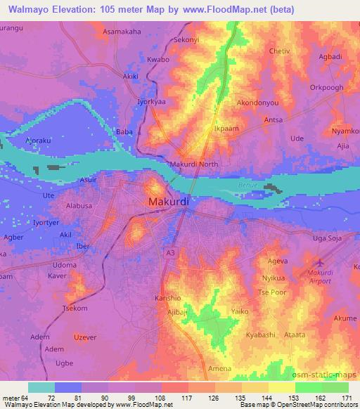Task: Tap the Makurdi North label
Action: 194,165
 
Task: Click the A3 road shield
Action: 170,251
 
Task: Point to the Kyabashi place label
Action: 261,335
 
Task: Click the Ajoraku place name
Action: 39,139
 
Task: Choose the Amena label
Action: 219,368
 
